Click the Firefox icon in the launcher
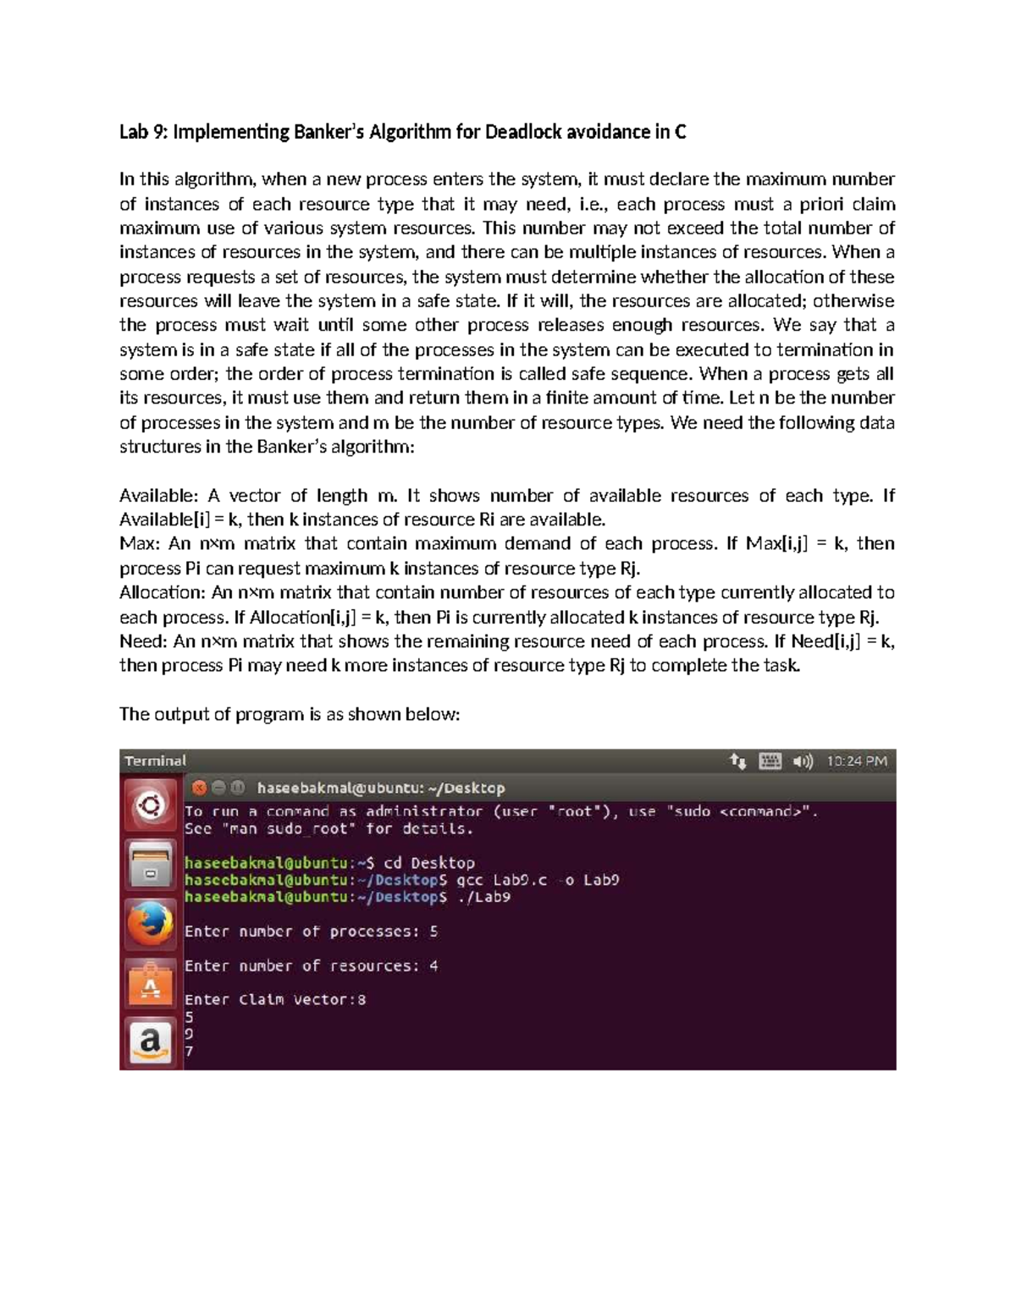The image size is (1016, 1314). click(x=151, y=923)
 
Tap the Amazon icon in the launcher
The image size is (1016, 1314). click(x=151, y=1042)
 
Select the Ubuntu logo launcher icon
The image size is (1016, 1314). click(x=151, y=805)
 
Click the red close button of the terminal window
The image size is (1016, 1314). click(x=199, y=788)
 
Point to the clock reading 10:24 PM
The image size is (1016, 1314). click(x=857, y=761)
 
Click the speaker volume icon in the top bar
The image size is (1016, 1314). click(x=802, y=761)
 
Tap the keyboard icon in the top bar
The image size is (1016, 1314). click(x=770, y=761)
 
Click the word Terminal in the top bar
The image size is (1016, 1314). click(x=155, y=761)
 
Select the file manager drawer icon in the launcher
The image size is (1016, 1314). click(x=151, y=865)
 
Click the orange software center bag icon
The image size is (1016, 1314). click(x=151, y=983)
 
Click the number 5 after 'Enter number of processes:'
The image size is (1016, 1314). click(x=433, y=932)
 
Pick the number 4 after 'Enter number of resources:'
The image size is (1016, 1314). click(x=433, y=965)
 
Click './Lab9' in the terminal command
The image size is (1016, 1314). click(x=483, y=897)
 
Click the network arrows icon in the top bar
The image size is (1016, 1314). click(x=737, y=761)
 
